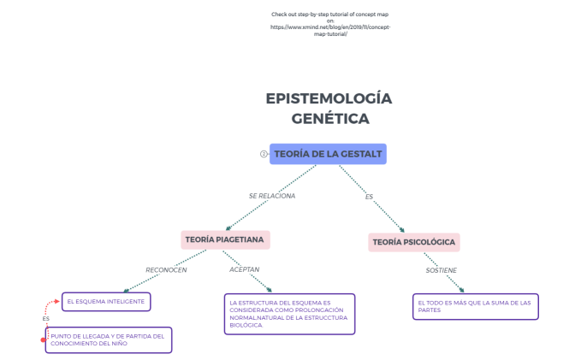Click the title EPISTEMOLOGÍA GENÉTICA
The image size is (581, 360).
click(329, 108)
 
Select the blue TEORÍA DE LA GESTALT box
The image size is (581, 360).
click(328, 154)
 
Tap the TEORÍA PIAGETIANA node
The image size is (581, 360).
click(225, 239)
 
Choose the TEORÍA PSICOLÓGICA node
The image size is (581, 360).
click(414, 243)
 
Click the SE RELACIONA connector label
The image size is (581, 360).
click(272, 196)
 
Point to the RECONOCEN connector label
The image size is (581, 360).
click(166, 270)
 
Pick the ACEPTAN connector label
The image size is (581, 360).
click(244, 269)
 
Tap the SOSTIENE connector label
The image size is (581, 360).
click(442, 270)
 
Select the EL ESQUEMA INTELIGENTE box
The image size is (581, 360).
click(107, 301)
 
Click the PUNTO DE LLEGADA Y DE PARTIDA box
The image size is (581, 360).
click(109, 339)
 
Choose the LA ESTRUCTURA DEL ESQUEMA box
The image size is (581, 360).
click(288, 314)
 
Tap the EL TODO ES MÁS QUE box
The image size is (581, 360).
click(476, 306)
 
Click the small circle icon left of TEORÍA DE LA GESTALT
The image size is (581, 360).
click(264, 154)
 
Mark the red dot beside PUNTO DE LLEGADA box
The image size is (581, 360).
click(44, 340)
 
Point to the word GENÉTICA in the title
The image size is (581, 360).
click(330, 119)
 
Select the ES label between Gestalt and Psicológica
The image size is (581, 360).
click(369, 197)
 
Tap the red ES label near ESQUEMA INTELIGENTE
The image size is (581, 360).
click(45, 319)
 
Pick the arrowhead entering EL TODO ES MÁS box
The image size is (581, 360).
click(461, 292)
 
